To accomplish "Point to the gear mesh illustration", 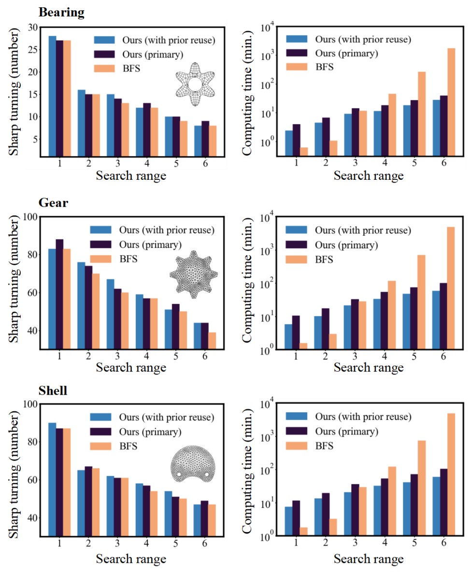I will (192, 274).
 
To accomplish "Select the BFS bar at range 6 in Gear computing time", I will (451, 288).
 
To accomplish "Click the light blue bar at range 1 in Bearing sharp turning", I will (52, 96).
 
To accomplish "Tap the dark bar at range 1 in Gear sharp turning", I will (60, 294).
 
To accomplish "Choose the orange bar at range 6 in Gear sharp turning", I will (211, 340).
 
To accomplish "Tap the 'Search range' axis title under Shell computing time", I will (369, 559).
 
